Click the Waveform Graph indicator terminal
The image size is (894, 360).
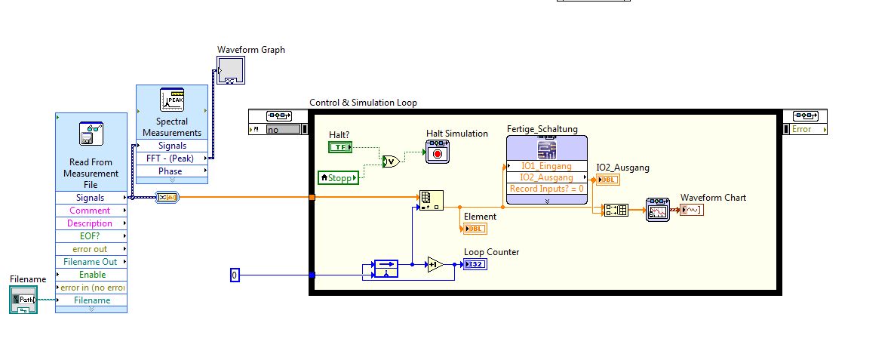[x=230, y=70]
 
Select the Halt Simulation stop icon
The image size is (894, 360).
[x=437, y=153]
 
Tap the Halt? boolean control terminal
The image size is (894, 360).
[x=341, y=147]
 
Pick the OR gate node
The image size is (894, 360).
[x=391, y=161]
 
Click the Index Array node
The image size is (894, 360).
[x=432, y=200]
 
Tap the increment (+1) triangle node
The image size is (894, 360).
[x=435, y=264]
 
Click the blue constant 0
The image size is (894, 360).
[x=234, y=275]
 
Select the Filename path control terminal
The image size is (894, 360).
[x=23, y=300]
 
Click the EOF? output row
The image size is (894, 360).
[x=91, y=236]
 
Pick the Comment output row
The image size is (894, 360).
[x=91, y=211]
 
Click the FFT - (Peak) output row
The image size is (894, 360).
[x=171, y=158]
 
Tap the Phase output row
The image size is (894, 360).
[x=171, y=171]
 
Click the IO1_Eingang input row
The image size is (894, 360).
[x=546, y=165]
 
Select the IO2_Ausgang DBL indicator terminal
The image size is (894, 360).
[x=607, y=180]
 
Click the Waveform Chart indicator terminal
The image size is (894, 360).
[x=691, y=209]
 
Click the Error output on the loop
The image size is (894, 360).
[x=805, y=129]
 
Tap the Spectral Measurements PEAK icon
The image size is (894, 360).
[x=172, y=100]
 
